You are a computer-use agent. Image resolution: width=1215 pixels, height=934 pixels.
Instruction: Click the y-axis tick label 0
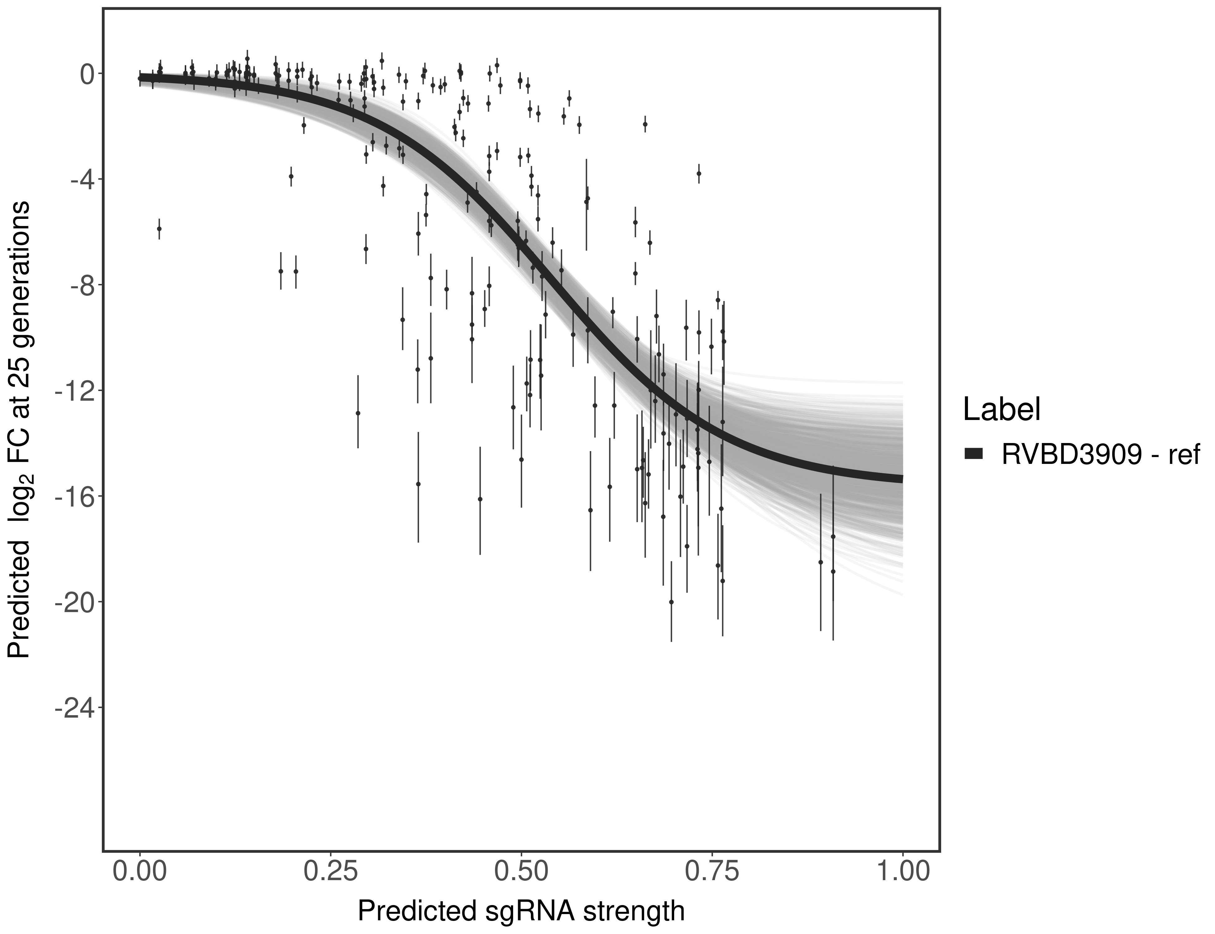tap(87, 74)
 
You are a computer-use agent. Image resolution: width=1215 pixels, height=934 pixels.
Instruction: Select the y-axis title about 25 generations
tap(19, 429)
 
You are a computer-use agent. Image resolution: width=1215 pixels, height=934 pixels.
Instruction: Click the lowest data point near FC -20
tap(671, 601)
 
